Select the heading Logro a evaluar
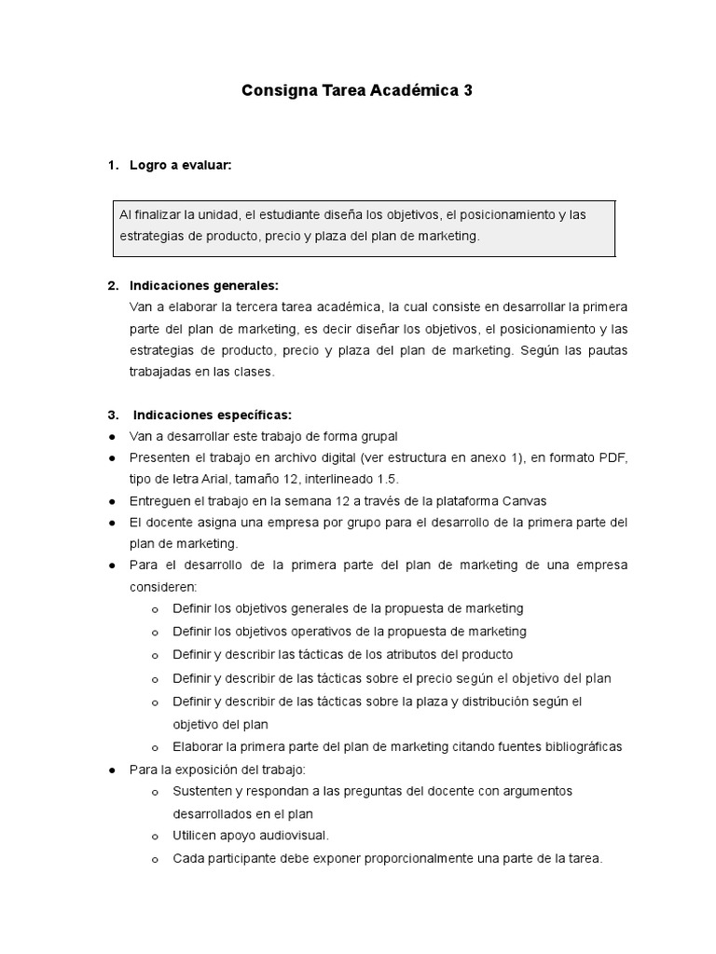180,165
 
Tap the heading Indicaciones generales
203,285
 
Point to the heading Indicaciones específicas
212,415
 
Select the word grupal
379,436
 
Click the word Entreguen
162,500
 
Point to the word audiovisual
288,836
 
